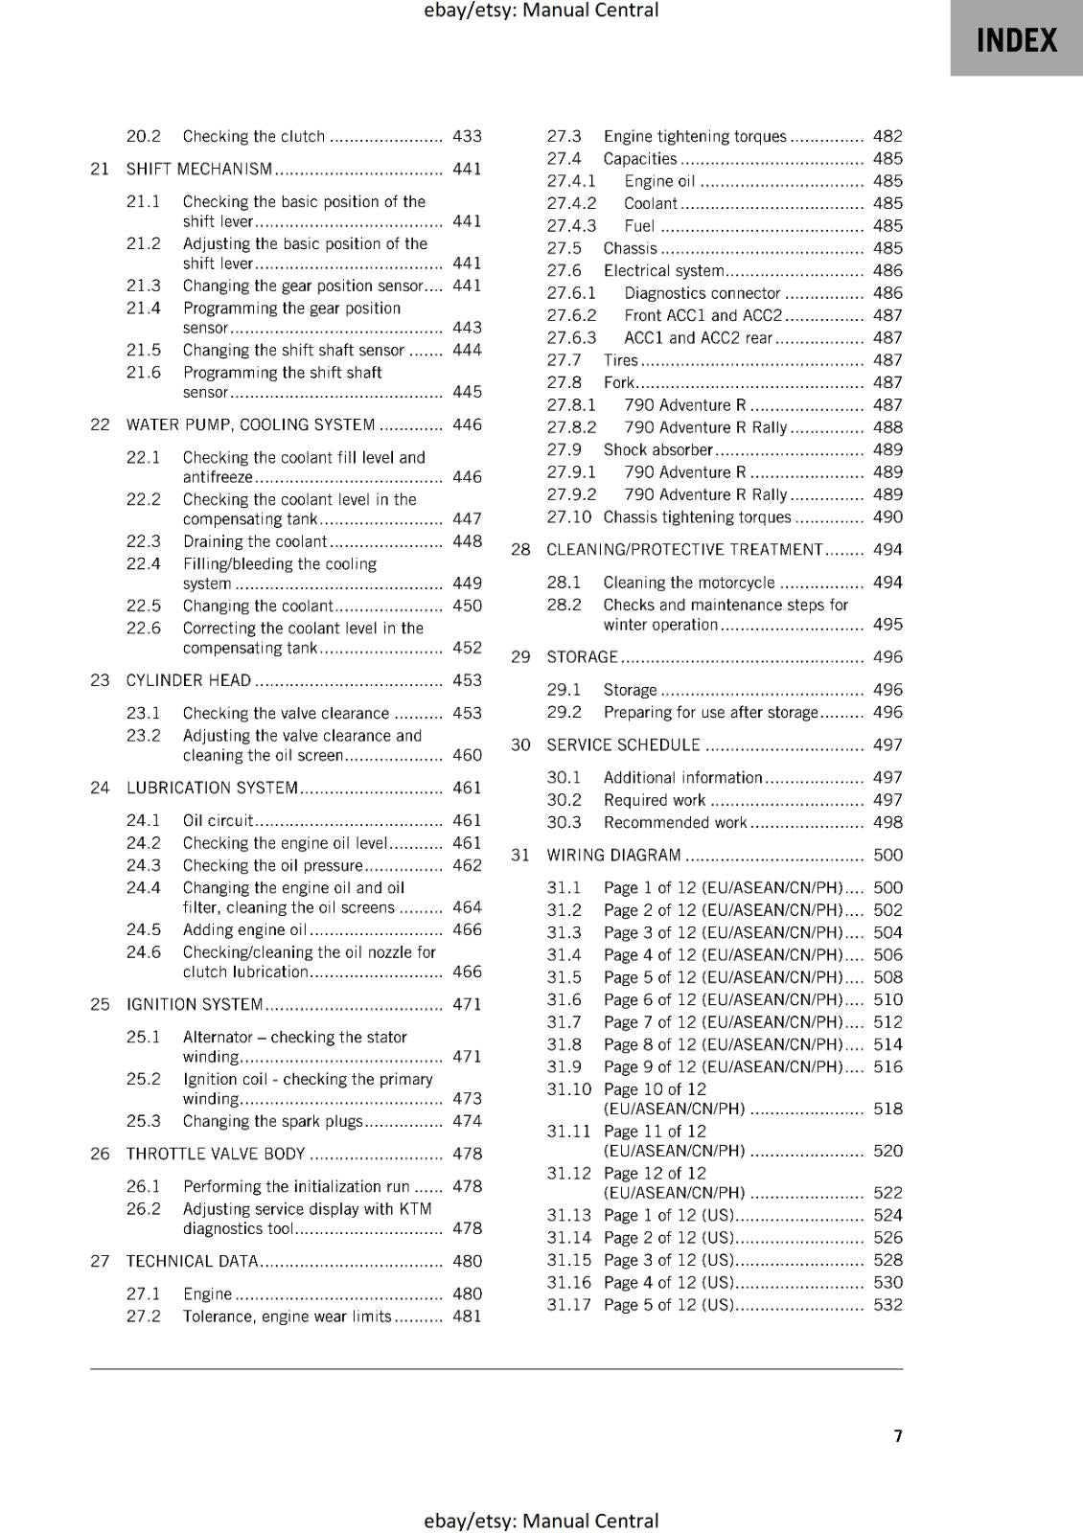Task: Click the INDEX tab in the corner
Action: tap(1016, 39)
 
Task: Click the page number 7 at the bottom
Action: tap(898, 1435)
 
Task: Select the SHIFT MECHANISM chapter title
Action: tap(199, 170)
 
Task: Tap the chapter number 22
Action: tap(100, 424)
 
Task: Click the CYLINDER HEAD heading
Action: tap(189, 680)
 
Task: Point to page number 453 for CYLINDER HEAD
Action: tap(467, 680)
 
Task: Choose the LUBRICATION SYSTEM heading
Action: tap(212, 788)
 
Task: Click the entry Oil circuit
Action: tap(218, 820)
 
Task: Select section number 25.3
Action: tap(144, 1121)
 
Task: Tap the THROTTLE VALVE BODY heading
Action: tap(216, 1154)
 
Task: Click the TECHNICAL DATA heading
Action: tap(192, 1261)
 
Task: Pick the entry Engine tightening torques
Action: tap(695, 136)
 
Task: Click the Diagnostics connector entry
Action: tap(703, 293)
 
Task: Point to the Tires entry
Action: tap(620, 360)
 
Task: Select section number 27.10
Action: tap(569, 517)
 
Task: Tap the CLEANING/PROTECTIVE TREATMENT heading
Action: tap(684, 550)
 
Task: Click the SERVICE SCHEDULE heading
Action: tap(623, 744)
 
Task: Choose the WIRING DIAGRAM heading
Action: tap(613, 855)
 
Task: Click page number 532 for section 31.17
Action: tap(887, 1305)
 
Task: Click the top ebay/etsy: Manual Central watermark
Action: tap(541, 11)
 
